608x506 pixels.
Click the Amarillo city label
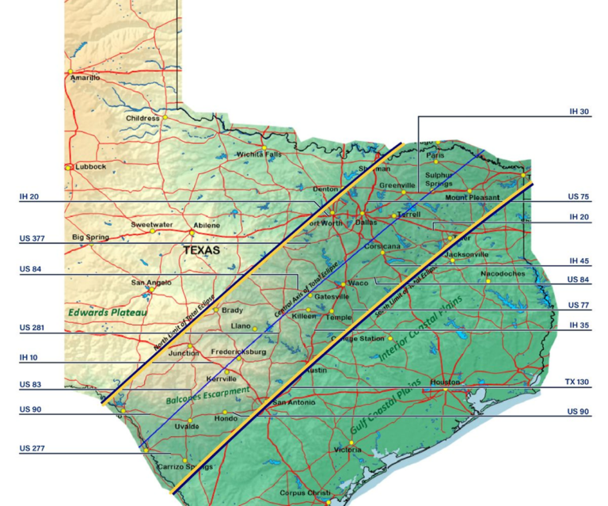[x=85, y=78]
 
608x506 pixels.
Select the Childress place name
[x=142, y=119]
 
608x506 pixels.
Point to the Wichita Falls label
[x=259, y=154]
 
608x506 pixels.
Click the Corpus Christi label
[x=305, y=493]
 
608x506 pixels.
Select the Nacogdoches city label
[x=502, y=274]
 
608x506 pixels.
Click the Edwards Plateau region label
[x=108, y=313]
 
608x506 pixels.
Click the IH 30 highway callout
[x=579, y=112]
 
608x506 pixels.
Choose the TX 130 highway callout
[x=577, y=382]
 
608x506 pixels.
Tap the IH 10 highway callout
[x=28, y=357]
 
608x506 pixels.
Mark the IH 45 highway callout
[x=579, y=261]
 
